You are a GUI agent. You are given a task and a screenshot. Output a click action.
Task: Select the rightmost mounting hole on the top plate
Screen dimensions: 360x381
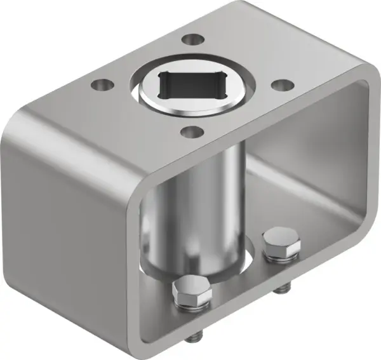click(281, 85)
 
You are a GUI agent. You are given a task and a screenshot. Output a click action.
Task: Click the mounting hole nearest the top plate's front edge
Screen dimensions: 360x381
click(188, 132)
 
